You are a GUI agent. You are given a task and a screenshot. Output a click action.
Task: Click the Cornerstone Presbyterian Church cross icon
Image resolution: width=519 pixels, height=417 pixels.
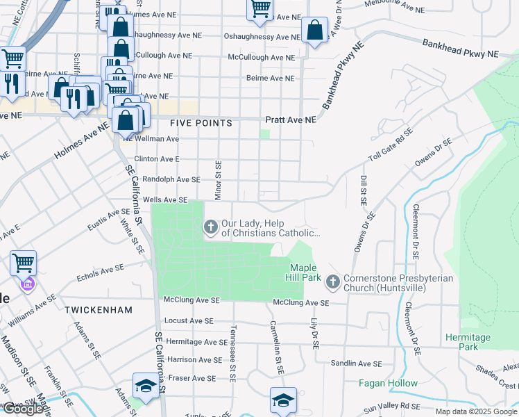(332, 281)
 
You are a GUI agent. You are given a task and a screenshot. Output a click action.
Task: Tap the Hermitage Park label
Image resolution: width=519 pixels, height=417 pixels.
(468, 342)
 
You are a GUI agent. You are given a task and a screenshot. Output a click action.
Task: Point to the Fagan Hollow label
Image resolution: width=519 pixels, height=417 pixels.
(388, 383)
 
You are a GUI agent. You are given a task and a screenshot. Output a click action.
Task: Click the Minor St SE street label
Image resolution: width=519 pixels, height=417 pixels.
(218, 179)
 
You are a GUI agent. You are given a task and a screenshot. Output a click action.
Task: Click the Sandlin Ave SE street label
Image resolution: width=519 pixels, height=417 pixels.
(356, 363)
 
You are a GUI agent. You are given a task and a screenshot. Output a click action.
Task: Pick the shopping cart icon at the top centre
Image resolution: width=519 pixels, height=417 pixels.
(259, 9)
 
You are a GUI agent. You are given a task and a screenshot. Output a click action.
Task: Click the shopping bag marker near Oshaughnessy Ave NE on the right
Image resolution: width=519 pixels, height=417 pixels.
(314, 31)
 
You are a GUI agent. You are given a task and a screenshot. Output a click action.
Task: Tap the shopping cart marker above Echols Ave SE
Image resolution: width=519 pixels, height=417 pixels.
(23, 263)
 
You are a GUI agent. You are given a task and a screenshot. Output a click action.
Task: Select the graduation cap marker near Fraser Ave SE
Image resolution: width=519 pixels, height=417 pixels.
(146, 386)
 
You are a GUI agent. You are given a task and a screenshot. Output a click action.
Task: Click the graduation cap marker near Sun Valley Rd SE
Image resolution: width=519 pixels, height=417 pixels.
(283, 400)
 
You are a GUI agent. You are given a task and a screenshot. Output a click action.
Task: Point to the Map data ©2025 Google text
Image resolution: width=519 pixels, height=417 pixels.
(476, 411)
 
